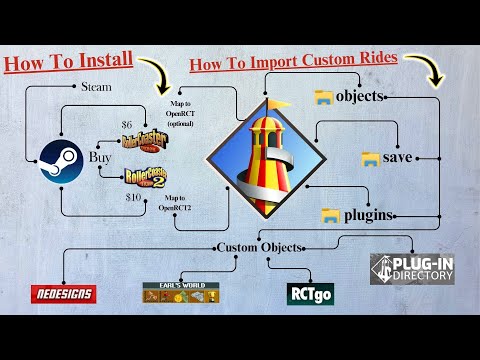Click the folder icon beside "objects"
[323, 97]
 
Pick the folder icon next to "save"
[370, 158]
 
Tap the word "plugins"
[367, 215]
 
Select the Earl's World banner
[180, 293]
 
